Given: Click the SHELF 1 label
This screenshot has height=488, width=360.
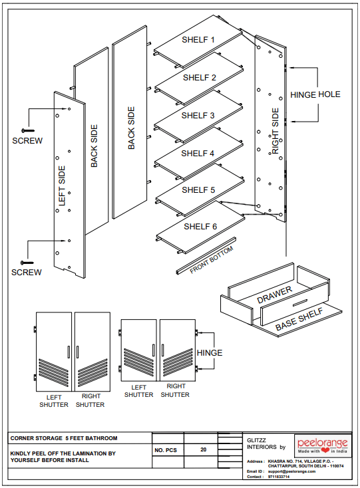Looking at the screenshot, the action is (198, 40).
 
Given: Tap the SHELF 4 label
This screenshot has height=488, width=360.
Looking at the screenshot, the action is (198, 154).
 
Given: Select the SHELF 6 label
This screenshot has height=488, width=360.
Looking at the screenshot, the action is (200, 227).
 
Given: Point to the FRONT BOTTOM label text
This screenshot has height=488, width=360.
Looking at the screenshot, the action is (212, 260).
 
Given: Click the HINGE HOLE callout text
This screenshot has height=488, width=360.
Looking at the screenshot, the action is (315, 94).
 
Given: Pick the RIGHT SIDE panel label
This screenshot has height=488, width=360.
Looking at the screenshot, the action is (275, 131).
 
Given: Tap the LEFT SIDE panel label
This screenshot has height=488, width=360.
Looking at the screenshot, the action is (62, 185).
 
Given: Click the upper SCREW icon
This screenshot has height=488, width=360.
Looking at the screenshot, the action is (28, 130).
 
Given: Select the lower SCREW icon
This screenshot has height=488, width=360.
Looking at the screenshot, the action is (27, 263).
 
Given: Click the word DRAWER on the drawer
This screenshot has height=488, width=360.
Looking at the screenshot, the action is (274, 295).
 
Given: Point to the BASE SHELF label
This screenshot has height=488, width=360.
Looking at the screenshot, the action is (299, 320).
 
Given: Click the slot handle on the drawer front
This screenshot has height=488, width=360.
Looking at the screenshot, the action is (300, 303).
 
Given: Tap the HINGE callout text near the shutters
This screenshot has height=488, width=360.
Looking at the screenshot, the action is (210, 353).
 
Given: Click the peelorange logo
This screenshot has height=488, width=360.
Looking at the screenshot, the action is (323, 445).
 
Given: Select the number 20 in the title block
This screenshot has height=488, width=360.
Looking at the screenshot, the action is (204, 449).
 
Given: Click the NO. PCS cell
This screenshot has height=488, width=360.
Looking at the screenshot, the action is (166, 450).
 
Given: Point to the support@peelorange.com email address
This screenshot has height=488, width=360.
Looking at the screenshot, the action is (291, 471).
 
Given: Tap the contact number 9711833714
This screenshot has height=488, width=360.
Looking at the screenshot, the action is (278, 477).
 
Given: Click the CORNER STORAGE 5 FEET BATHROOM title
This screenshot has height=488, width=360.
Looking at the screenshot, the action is (64, 438).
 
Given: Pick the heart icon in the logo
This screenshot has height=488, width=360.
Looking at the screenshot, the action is (325, 450).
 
